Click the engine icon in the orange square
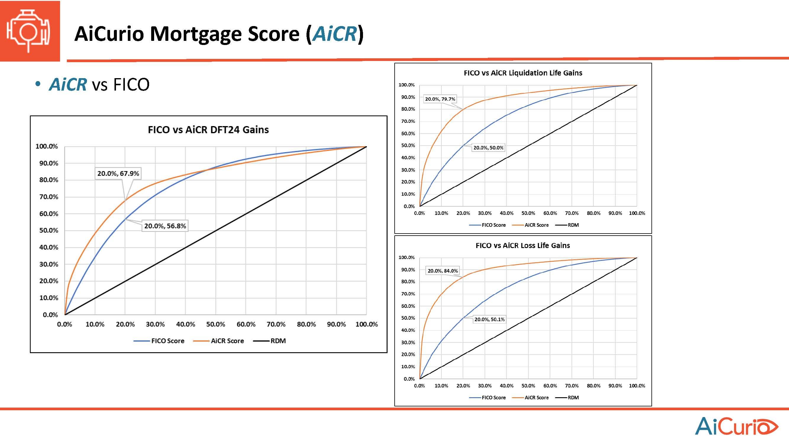(29, 31)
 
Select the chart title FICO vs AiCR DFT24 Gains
(208, 130)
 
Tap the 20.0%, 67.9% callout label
(118, 174)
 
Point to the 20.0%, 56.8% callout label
(165, 226)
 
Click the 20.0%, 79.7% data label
(440, 99)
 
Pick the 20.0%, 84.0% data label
(443, 271)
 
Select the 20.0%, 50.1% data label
(489, 319)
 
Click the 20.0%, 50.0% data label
(488, 148)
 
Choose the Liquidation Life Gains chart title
(523, 73)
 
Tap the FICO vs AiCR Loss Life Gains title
(522, 245)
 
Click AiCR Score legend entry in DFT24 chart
(227, 341)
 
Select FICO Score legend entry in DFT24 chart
(167, 341)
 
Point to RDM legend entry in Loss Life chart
(573, 398)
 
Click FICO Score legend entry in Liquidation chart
(493, 225)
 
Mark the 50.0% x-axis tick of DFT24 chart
(216, 324)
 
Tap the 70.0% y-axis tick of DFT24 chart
(49, 197)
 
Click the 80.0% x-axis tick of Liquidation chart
(593, 213)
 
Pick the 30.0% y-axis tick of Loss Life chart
(408, 342)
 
